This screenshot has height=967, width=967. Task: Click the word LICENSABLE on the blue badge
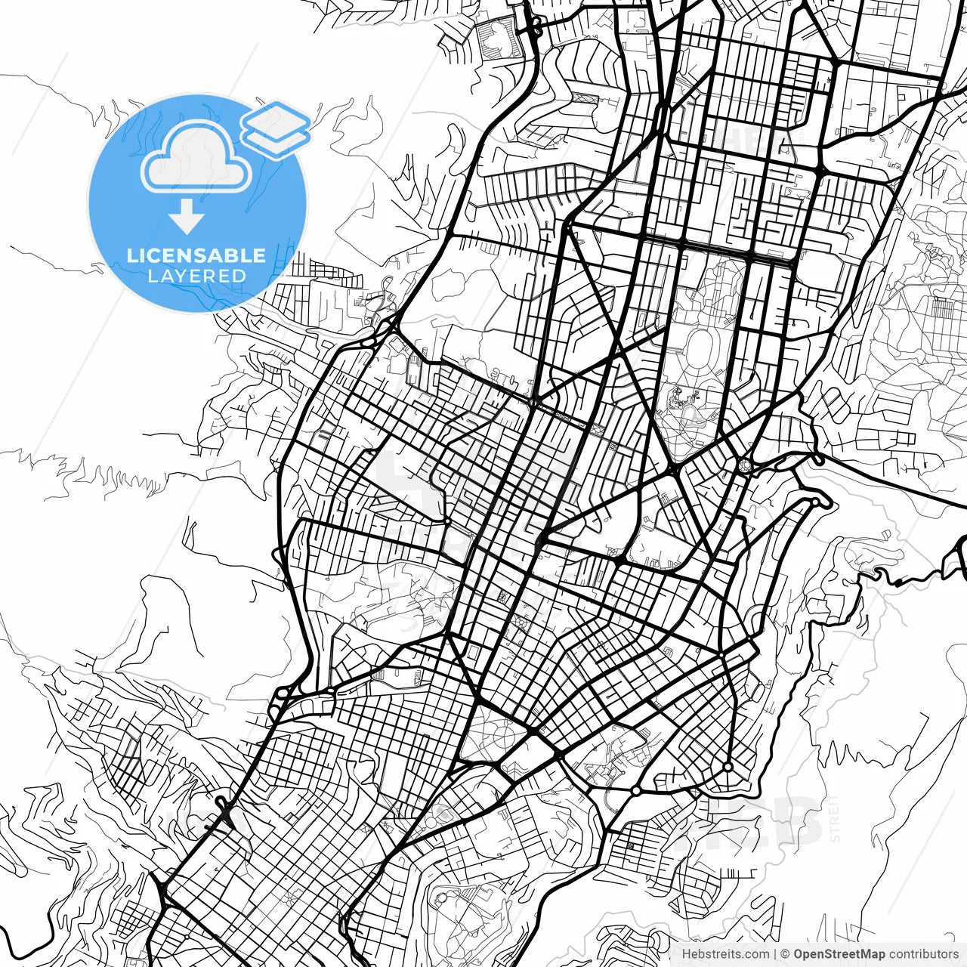coord(196,255)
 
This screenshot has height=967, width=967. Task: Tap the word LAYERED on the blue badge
coord(196,276)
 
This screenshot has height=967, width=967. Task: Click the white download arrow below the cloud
coord(187,218)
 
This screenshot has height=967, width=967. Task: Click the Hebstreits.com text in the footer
coord(725,954)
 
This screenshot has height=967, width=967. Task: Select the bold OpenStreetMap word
coord(839,954)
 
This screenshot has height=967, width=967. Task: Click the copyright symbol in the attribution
coord(785,954)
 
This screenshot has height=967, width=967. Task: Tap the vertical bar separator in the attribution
coord(775,954)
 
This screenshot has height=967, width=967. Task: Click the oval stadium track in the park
coord(701,349)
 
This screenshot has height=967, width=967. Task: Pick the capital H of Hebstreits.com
coord(686,954)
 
